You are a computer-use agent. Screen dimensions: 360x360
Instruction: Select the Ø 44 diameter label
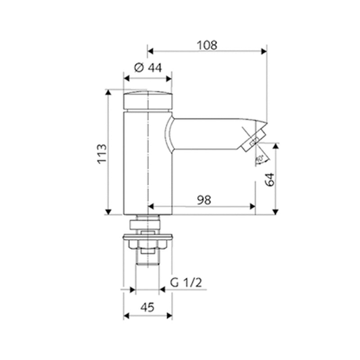pyautogui.click(x=148, y=68)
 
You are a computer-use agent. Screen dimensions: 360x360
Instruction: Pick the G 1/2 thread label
pyautogui.click(x=186, y=282)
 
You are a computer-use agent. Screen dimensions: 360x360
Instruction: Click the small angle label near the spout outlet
pyautogui.click(x=260, y=158)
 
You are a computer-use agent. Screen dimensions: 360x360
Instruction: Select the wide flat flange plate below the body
pyautogui.click(x=148, y=235)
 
